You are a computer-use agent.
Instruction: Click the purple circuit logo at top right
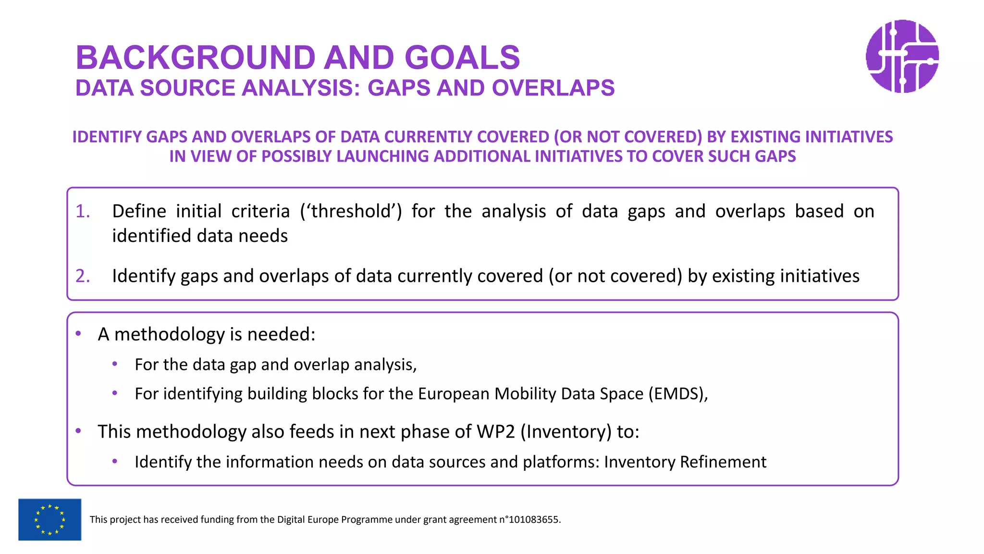click(902, 56)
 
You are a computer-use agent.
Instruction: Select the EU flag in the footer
click(49, 519)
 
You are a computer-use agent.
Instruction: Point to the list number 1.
click(83, 212)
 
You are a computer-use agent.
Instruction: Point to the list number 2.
click(83, 276)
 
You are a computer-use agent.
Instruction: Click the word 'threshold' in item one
click(351, 212)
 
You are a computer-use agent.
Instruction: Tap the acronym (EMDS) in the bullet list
click(677, 394)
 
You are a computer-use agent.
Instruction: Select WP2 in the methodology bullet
click(495, 432)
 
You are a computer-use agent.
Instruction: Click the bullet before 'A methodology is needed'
click(78, 334)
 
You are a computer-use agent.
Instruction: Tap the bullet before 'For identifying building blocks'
click(115, 393)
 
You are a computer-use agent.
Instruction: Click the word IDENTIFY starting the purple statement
click(107, 137)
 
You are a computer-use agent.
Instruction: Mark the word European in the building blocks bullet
click(454, 394)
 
